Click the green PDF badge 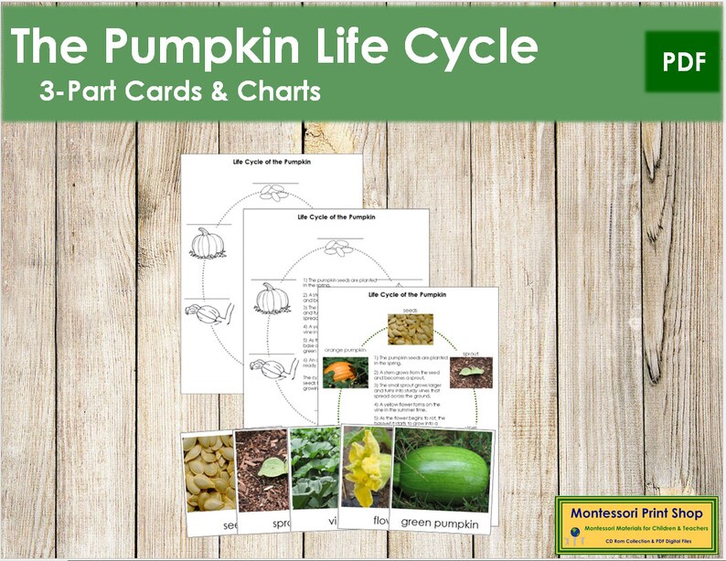(x=682, y=62)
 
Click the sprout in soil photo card (x=262, y=471)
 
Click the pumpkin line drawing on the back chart (x=207, y=243)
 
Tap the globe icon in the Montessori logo (x=573, y=533)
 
